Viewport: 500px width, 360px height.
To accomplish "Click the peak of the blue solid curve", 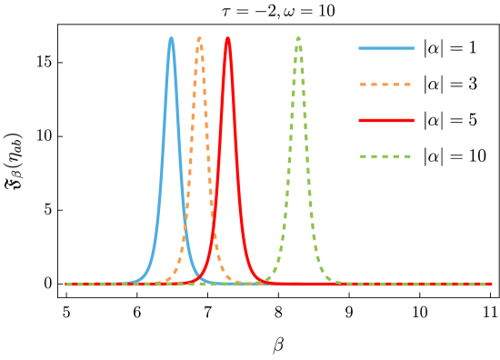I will tap(171, 39).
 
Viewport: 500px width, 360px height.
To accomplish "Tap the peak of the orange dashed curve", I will tap(200, 39).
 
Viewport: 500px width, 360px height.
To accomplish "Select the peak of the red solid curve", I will tap(228, 39).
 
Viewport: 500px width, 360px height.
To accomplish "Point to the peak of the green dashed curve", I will tap(298, 39).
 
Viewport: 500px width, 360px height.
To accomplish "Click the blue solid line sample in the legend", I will tap(386, 48).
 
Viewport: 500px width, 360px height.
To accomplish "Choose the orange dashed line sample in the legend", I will tap(386, 85).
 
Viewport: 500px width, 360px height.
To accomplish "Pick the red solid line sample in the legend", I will tap(386, 120).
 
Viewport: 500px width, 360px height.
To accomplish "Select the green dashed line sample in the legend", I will tap(386, 156).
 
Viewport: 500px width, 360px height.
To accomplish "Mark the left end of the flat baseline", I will tap(66, 284).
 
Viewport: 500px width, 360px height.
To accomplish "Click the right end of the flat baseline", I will tap(491, 284).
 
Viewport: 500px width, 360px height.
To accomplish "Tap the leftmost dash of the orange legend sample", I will tap(364, 85).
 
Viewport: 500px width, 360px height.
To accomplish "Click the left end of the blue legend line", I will tap(360, 48).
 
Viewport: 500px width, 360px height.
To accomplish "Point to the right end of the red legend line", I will tap(413, 120).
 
